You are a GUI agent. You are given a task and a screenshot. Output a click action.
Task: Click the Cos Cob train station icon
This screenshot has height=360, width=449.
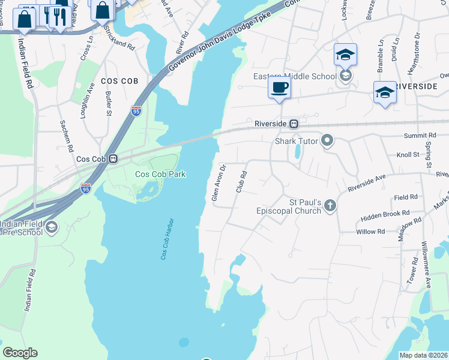tap(112, 159)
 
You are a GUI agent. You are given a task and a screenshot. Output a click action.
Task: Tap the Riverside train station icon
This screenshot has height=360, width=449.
tap(294, 124)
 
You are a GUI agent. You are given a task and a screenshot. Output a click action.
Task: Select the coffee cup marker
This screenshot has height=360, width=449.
tap(279, 88)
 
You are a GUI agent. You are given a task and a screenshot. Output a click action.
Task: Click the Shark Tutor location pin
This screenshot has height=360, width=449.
tap(327, 141)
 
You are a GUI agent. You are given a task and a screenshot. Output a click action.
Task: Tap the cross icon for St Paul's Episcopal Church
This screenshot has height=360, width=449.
tap(330, 206)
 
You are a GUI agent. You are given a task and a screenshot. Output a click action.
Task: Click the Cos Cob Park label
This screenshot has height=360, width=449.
tap(160, 174)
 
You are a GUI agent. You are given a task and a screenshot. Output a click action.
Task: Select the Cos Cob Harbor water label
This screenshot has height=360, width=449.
tap(167, 239)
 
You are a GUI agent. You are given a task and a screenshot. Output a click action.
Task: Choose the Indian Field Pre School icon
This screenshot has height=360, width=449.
tap(52, 226)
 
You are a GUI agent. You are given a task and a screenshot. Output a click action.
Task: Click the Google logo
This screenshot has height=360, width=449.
tap(20, 353)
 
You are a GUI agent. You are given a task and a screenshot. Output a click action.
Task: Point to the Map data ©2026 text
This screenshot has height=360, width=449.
tap(424, 355)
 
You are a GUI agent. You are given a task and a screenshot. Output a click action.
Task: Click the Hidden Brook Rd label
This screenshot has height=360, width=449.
tap(385, 214)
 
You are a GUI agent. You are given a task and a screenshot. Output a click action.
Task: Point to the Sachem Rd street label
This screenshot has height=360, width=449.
tap(67, 135)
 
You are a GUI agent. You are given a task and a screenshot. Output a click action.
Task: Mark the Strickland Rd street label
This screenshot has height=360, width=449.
tap(119, 37)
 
